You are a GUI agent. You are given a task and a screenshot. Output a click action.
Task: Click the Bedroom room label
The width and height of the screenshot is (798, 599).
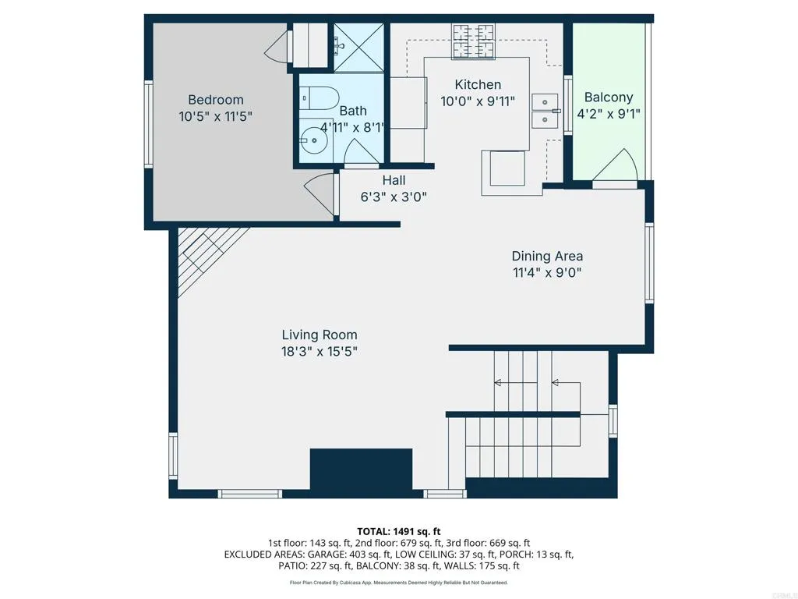coord(216,100)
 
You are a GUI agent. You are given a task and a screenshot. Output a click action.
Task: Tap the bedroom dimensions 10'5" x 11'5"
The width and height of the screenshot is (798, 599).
coord(216,115)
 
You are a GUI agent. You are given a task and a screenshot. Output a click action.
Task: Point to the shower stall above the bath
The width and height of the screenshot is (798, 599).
coord(358,48)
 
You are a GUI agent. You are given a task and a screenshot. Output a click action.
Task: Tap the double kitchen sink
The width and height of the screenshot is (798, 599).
coord(545,111)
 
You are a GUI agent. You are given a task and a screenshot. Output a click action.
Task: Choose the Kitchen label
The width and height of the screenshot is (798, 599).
coord(478,84)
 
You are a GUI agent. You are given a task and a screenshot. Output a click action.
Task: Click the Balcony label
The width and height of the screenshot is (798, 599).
coord(609,97)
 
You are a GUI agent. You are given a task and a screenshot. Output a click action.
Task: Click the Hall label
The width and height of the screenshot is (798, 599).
coord(394,180)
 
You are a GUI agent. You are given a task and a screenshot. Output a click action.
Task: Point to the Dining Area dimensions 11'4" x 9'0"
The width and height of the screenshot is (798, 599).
coord(547,273)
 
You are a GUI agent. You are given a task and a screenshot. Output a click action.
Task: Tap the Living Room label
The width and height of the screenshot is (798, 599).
coord(320,335)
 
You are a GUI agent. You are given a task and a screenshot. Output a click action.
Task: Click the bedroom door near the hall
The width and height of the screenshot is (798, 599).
coord(319,192)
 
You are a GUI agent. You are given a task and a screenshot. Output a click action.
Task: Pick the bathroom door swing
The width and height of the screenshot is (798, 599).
coord(359,154)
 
